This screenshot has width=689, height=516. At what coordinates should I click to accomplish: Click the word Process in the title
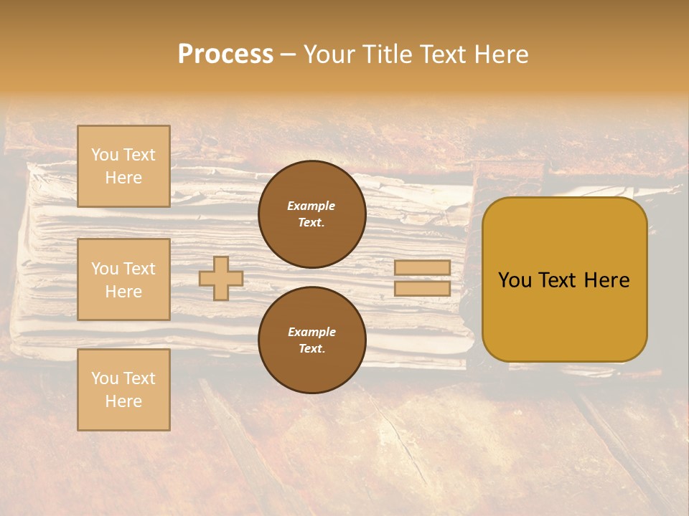(225, 54)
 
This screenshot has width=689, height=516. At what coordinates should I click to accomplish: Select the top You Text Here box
(123, 166)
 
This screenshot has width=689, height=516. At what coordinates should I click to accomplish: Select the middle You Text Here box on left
(123, 279)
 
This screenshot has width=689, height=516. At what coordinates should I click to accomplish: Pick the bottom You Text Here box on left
(123, 389)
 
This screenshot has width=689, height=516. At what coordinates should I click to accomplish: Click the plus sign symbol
(221, 278)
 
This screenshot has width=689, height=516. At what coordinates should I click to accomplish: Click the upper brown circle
(312, 214)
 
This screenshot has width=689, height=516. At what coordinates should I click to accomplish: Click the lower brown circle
(312, 340)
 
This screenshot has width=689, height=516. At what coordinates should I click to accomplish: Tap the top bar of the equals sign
(422, 267)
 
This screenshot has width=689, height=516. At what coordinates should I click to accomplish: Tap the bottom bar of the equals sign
(422, 289)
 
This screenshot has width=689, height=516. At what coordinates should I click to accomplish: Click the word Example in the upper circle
(311, 206)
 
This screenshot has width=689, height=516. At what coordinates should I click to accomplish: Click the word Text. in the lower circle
(311, 349)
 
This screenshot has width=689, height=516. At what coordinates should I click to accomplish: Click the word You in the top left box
(105, 155)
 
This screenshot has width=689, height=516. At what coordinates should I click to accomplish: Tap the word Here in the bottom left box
(123, 401)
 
